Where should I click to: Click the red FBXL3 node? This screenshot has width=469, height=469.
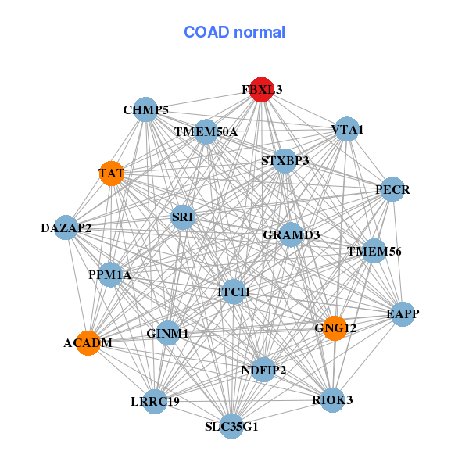(x=262, y=90)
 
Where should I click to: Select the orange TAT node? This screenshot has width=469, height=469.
(x=112, y=174)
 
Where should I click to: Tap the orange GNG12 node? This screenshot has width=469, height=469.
(x=335, y=328)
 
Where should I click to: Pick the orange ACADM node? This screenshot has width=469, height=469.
(x=88, y=343)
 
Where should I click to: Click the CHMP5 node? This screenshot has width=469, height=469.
(x=145, y=109)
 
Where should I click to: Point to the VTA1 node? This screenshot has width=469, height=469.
(x=347, y=129)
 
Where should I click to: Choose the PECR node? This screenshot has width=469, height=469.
(x=392, y=189)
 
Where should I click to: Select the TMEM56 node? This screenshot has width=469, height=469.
(x=374, y=251)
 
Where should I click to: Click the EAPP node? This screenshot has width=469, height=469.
(x=403, y=314)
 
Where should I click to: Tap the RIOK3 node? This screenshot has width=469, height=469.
(x=332, y=400)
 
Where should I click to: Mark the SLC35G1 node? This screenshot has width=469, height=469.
(x=231, y=426)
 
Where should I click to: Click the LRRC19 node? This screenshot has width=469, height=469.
(x=155, y=402)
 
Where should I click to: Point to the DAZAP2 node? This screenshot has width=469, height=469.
(x=66, y=227)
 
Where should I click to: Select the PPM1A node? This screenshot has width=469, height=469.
(x=110, y=275)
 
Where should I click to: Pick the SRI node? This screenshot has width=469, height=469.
(x=183, y=217)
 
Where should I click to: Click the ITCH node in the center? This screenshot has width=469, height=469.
(x=233, y=292)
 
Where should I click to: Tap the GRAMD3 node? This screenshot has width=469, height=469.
(x=291, y=234)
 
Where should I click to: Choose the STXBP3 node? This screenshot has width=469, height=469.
(x=285, y=161)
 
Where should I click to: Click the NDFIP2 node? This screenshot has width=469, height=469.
(x=263, y=370)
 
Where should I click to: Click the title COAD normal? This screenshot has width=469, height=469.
(x=234, y=32)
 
